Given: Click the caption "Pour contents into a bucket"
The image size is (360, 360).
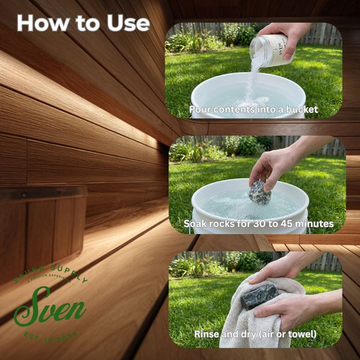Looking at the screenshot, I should pos(253,109).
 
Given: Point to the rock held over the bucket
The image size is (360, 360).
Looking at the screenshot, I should pos(260,193).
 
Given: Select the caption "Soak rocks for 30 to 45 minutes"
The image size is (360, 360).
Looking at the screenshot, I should pos(259,224).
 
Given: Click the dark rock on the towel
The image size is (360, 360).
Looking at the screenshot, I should pos(259,295).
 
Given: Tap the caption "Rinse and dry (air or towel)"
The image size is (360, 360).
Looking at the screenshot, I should pos(255,334).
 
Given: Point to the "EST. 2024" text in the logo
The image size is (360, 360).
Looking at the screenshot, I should pos(51,335).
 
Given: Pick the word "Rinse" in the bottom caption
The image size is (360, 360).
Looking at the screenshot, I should pos(208,334).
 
